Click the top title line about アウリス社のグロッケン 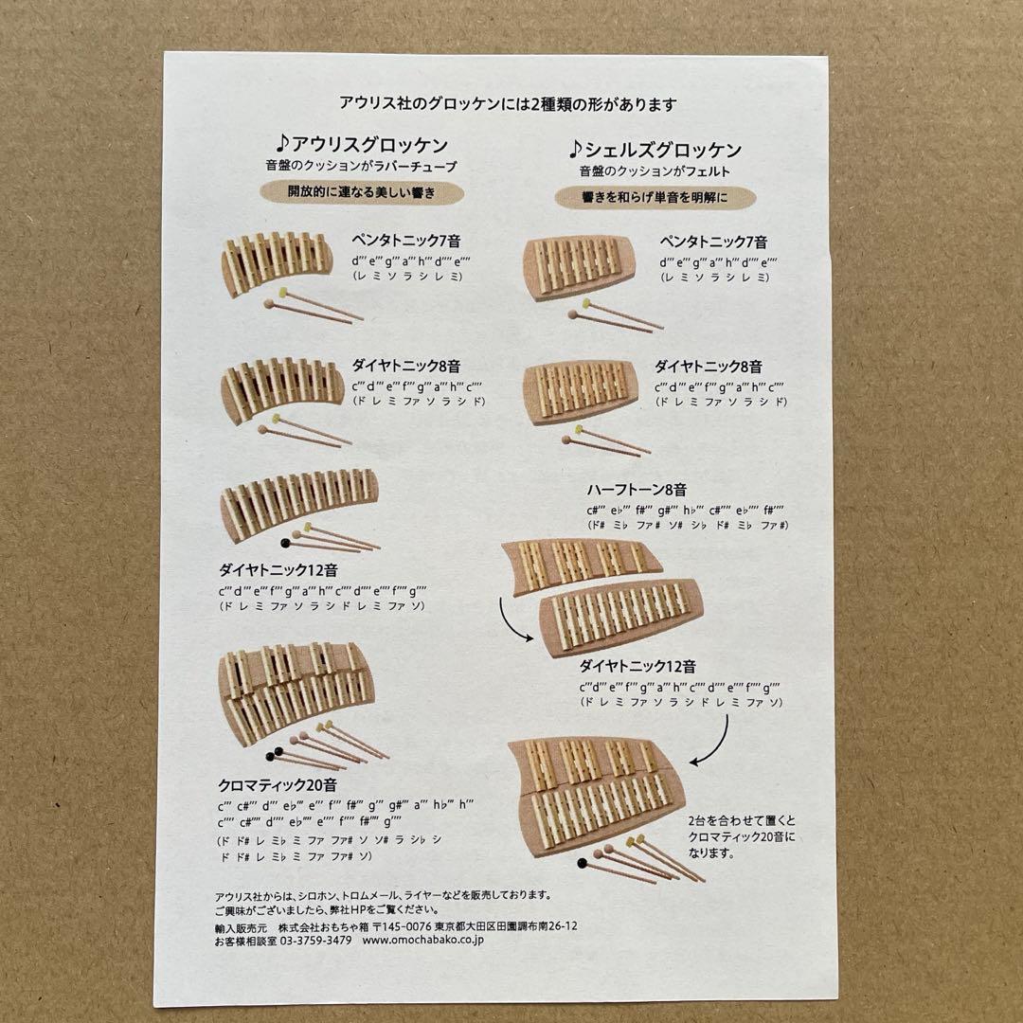[x=509, y=104]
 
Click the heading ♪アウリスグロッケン [x=362, y=145]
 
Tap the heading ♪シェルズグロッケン [x=655, y=149]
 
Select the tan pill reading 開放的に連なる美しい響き [x=362, y=193]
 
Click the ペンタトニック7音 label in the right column [x=713, y=242]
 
